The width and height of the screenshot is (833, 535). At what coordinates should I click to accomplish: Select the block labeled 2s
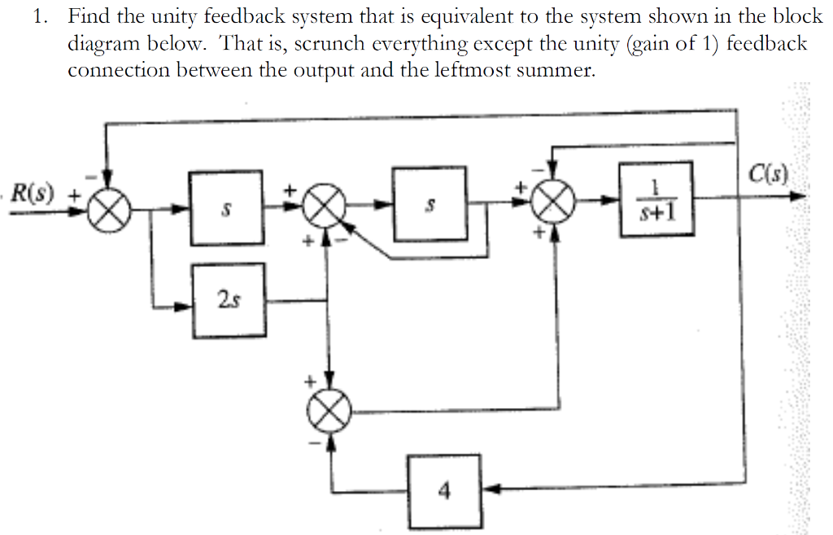point(229,300)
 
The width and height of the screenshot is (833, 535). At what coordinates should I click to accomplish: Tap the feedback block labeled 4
point(444,490)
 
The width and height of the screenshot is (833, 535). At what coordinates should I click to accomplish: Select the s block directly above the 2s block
point(227,208)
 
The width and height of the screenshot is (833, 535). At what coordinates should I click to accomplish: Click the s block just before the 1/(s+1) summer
point(430,204)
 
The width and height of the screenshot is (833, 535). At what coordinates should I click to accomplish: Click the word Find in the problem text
point(89,15)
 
